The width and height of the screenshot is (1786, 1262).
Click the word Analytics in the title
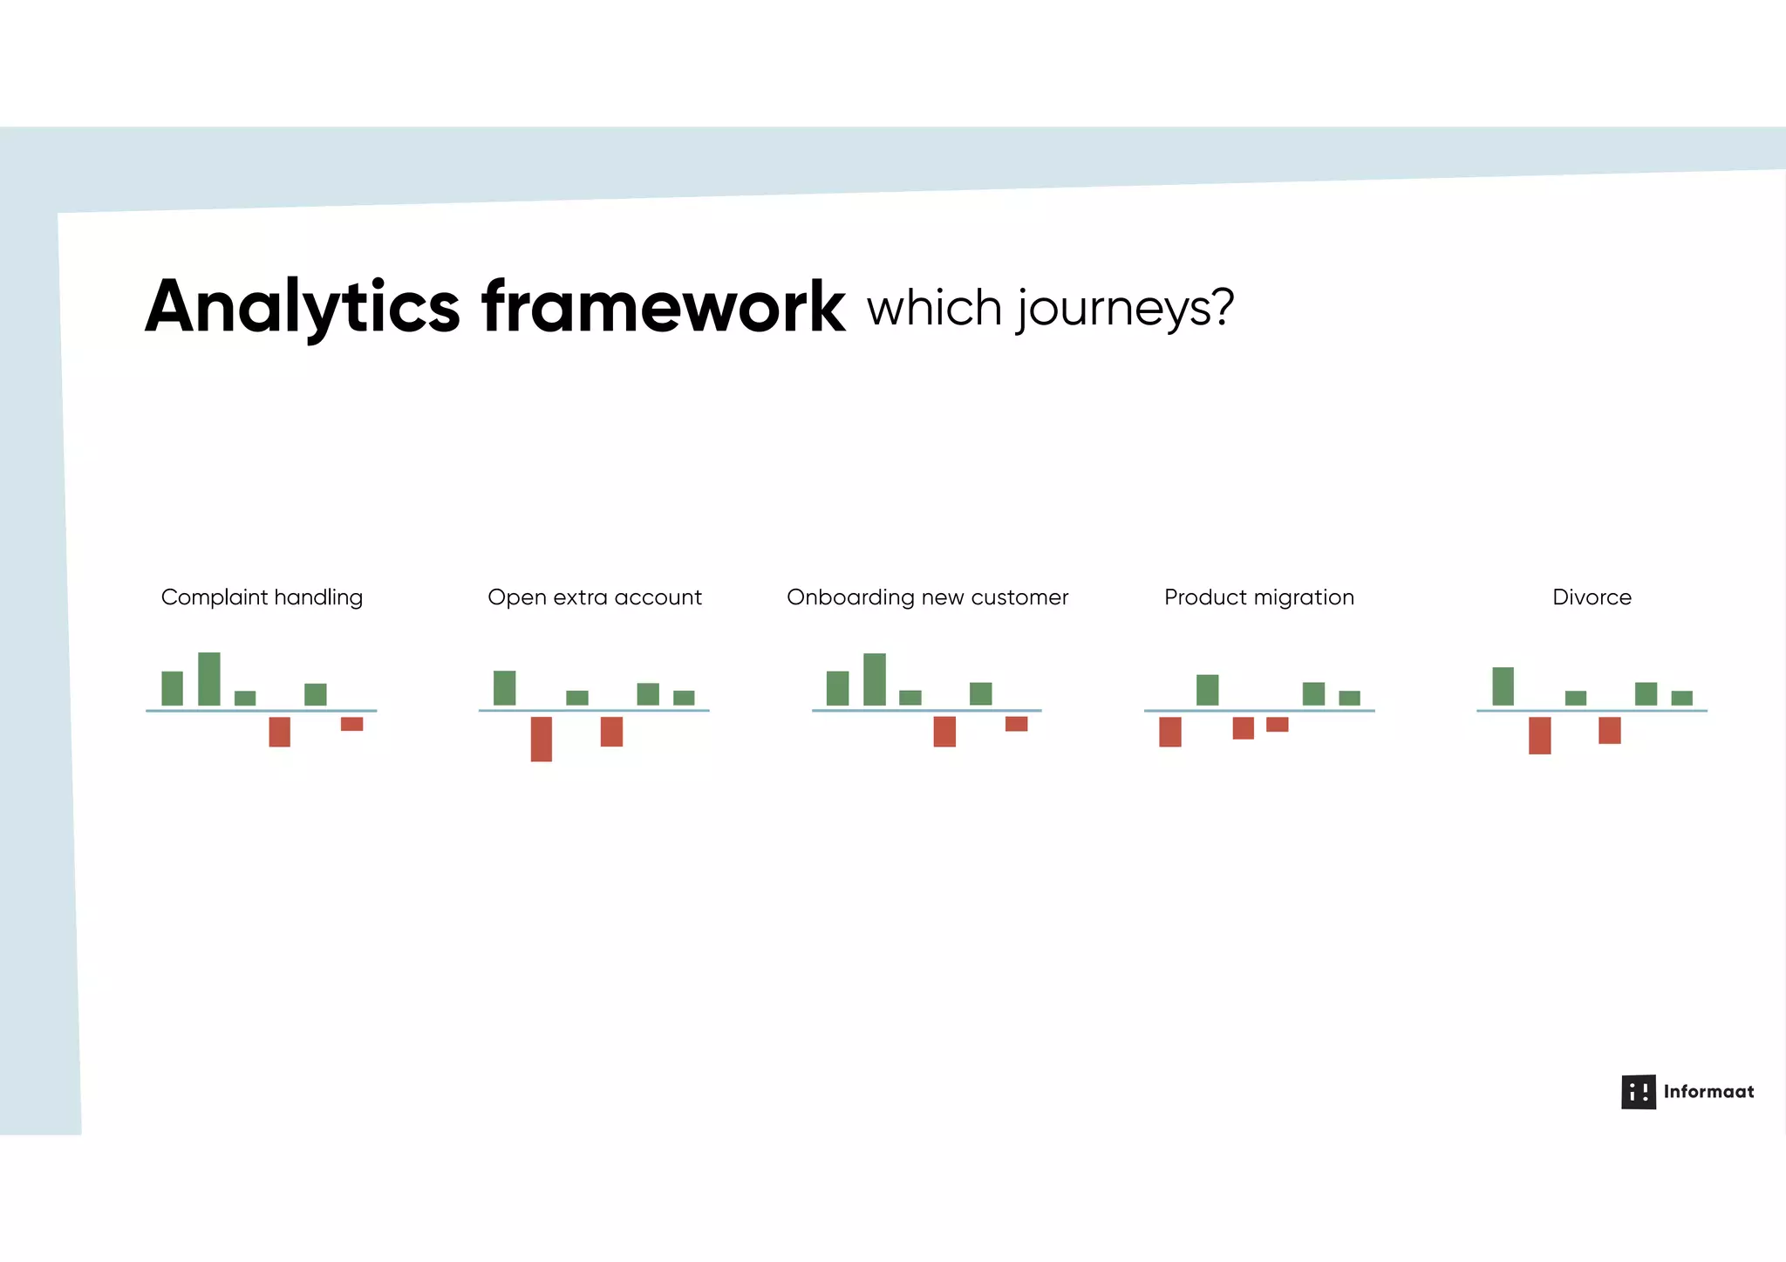[x=302, y=307]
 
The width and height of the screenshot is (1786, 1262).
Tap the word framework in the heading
[x=663, y=307]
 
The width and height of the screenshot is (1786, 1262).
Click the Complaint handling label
[x=262, y=597]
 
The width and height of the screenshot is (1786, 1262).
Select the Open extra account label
[x=594, y=597]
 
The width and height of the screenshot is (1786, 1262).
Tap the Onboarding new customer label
[x=927, y=597]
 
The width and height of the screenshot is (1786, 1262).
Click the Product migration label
[x=1258, y=597]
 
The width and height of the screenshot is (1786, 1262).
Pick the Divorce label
[x=1592, y=597]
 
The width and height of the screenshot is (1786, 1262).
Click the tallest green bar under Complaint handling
[x=209, y=679]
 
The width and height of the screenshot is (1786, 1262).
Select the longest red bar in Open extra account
[x=541, y=739]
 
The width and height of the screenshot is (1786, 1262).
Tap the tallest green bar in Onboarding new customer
[x=874, y=679]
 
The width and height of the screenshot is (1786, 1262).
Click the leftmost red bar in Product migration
[x=1169, y=732]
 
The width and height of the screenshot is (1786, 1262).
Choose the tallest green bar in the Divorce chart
[x=1503, y=686]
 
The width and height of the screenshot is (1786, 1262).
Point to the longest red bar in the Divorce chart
[x=1539, y=735]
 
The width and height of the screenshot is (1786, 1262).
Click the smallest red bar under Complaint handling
[x=351, y=724]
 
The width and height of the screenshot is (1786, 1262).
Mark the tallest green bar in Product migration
[x=1207, y=690]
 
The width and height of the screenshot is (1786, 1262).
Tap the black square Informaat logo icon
[x=1638, y=1091]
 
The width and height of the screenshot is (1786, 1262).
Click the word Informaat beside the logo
[x=1708, y=1091]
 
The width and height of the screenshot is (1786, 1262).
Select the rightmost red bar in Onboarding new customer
[x=1016, y=724]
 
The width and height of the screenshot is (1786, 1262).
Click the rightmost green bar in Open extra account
[x=684, y=698]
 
